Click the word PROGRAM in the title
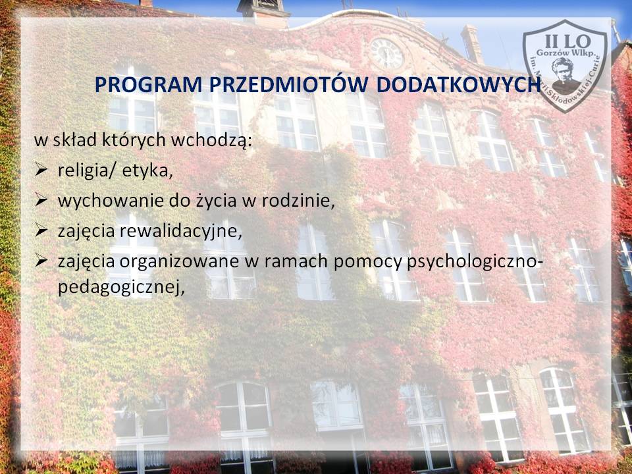[148, 84]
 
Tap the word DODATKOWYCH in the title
[458, 84]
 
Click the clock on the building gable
[386, 53]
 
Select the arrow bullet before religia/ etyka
[41, 171]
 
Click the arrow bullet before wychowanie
[41, 200]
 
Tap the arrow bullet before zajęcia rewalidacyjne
[41, 230]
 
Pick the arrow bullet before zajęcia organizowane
[41, 261]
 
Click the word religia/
[87, 171]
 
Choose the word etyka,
[147, 171]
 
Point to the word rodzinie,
[298, 200]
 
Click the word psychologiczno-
[475, 261]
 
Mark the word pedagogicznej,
[121, 287]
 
